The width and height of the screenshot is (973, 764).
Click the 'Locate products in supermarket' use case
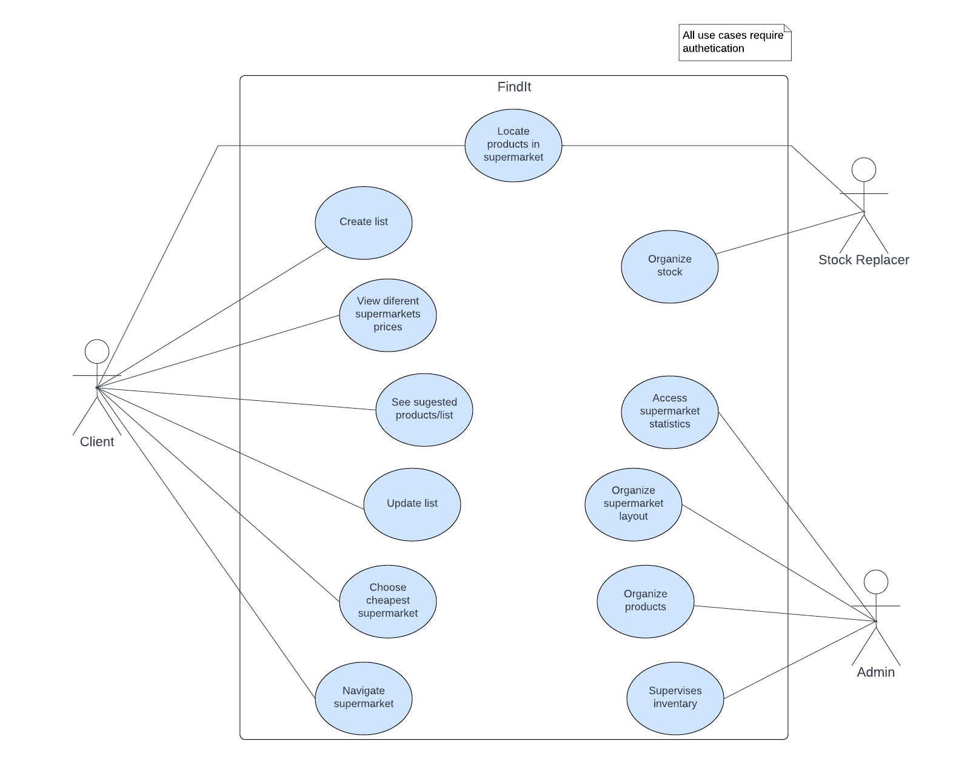click(513, 145)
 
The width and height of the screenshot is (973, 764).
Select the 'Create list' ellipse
click(363, 223)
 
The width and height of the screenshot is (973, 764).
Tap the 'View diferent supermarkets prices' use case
click(387, 315)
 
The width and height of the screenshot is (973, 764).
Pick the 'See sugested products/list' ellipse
click(424, 409)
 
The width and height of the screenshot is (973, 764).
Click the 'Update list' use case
click(412, 504)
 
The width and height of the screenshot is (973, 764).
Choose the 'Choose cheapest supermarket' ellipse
click(387, 601)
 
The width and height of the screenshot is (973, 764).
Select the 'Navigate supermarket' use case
click(363, 698)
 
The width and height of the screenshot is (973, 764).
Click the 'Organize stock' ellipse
click(669, 266)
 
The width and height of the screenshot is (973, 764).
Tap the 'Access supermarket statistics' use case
click(669, 412)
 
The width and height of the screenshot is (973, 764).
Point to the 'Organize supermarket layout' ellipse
click(633, 504)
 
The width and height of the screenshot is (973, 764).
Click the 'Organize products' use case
click(645, 601)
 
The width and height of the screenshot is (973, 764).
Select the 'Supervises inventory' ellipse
click(675, 698)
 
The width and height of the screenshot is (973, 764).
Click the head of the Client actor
click(97, 352)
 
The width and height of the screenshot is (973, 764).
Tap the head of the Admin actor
click(875, 582)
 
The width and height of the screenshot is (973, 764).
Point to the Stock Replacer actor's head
click(863, 170)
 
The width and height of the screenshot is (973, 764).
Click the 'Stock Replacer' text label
click(863, 260)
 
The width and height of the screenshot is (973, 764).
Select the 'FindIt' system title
click(513, 87)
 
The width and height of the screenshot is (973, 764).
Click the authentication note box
click(734, 42)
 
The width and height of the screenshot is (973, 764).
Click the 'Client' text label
click(97, 442)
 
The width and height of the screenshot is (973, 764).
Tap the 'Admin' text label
click(875, 672)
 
